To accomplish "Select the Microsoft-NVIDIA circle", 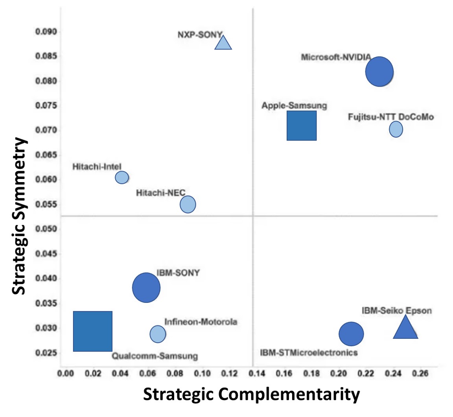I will pos(379,72).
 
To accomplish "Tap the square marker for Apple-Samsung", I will pos(302,125).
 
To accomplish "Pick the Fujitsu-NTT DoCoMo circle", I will pos(396,129).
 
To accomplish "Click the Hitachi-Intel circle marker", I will pos(122,177).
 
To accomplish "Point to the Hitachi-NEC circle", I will pos(188,204).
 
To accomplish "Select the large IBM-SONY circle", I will pos(146,288).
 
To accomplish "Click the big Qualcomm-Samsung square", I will pos(93,331).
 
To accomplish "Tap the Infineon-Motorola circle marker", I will pos(158,334).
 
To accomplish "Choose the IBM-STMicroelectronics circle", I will pos(351,334).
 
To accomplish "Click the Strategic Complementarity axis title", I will pos(251,394).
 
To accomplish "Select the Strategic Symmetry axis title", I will pos(18,216).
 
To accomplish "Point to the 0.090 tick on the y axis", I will pos(46,31).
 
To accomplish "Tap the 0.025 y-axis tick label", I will pos(46,353).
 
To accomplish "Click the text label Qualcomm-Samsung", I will pos(155,356).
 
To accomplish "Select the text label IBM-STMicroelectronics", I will pos(309,352).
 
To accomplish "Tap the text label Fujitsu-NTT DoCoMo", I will pos(391,117).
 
